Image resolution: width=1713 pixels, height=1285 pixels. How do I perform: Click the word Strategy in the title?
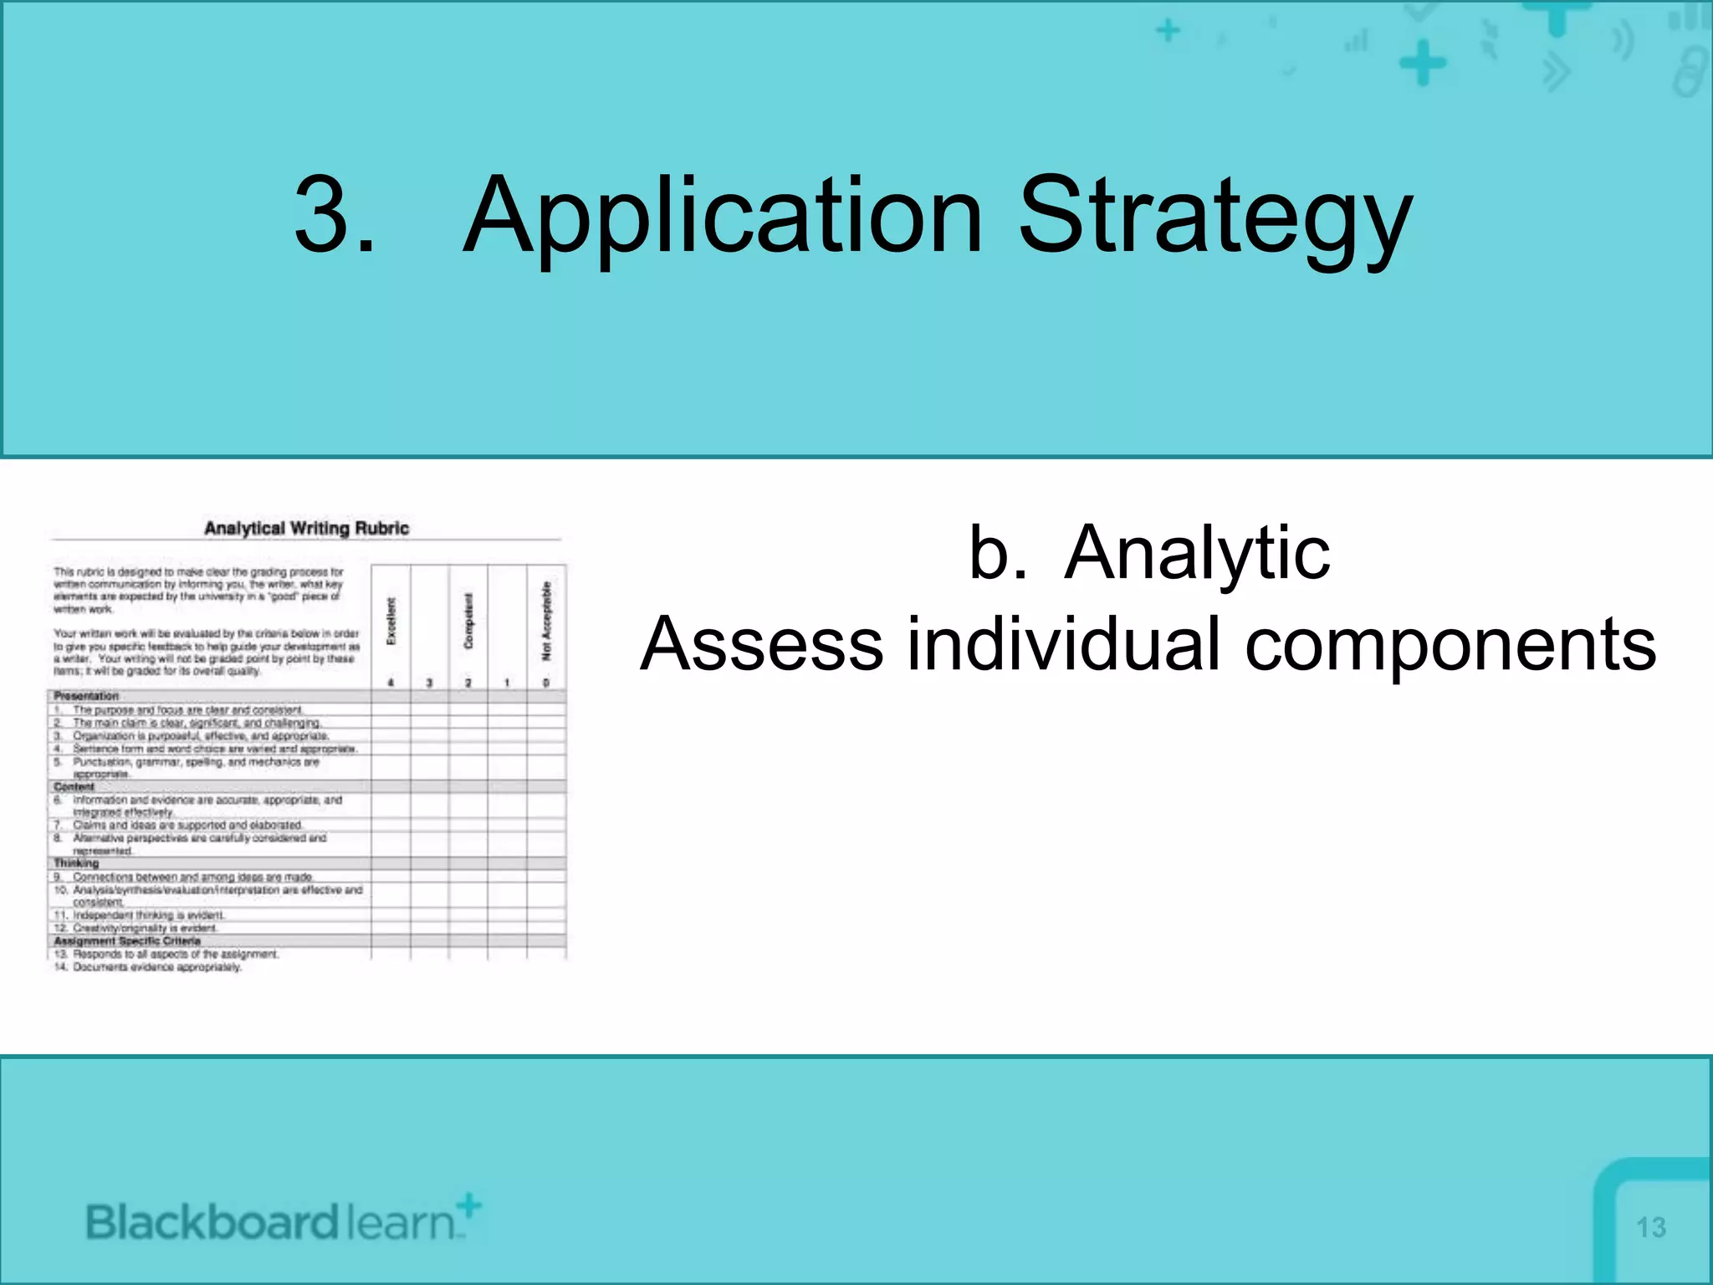coord(1214,216)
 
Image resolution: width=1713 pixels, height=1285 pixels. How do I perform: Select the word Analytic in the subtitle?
coord(1197,553)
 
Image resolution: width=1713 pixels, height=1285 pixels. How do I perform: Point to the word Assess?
coord(761,644)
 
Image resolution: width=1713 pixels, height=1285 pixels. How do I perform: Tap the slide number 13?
coord(1650,1227)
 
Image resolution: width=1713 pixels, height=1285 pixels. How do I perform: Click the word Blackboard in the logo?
coord(212,1223)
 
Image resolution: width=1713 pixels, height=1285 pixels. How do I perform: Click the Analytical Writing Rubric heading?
coord(306,529)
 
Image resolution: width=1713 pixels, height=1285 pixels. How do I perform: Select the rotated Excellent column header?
coord(391,621)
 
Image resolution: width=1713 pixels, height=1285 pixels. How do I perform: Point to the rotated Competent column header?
coord(468,621)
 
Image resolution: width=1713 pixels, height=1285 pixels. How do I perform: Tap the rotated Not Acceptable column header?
coord(547,621)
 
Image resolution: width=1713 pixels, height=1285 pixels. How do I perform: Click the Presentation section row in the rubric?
coord(86,696)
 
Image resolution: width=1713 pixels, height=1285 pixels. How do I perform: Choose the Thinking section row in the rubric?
coord(76,863)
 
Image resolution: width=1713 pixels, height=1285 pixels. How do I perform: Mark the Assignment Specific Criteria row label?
coord(127,941)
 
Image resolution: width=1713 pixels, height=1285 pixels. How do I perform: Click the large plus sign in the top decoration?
coord(1422,64)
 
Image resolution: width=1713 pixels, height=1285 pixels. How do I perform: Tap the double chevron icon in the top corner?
coord(1557,72)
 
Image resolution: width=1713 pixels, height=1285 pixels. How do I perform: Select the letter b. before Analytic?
coord(997,553)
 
